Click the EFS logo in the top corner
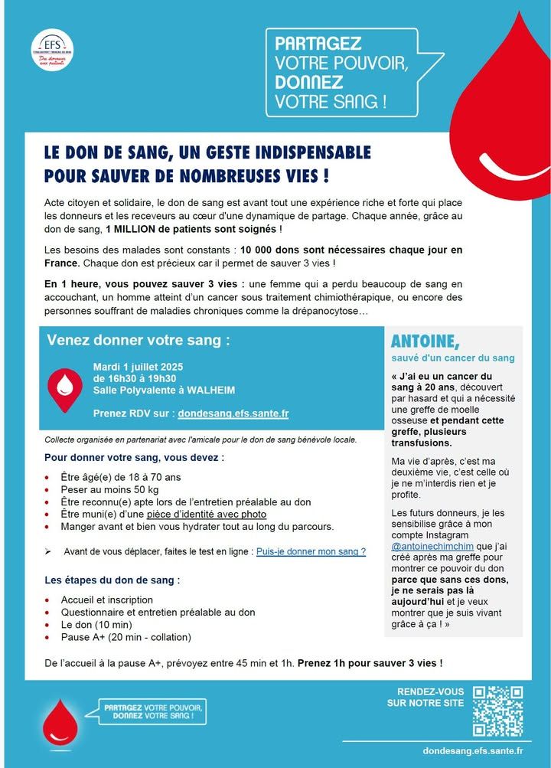click(53, 48)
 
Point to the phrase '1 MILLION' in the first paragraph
click(138, 230)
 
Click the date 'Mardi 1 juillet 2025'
click(138, 367)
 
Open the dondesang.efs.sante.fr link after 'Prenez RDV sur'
click(233, 413)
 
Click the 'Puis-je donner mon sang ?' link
click(311, 551)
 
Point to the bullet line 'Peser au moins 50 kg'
click(109, 489)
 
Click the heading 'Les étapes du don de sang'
click(112, 580)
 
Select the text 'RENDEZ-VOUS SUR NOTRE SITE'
click(425, 697)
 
